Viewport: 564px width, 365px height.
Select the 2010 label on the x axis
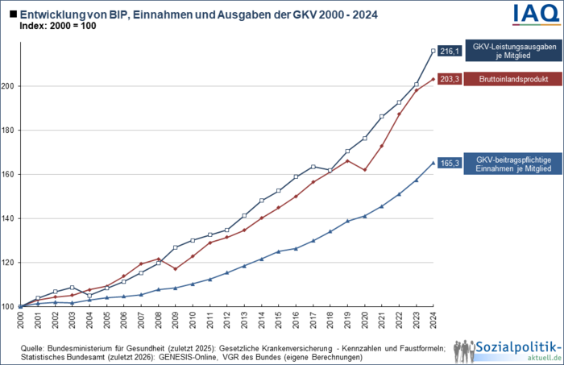[193, 319]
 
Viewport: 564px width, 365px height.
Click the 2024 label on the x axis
[434, 319]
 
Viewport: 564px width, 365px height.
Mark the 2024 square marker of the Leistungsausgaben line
[433, 51]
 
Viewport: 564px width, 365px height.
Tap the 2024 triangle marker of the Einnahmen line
[433, 163]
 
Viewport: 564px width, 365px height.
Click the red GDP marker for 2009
[175, 268]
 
